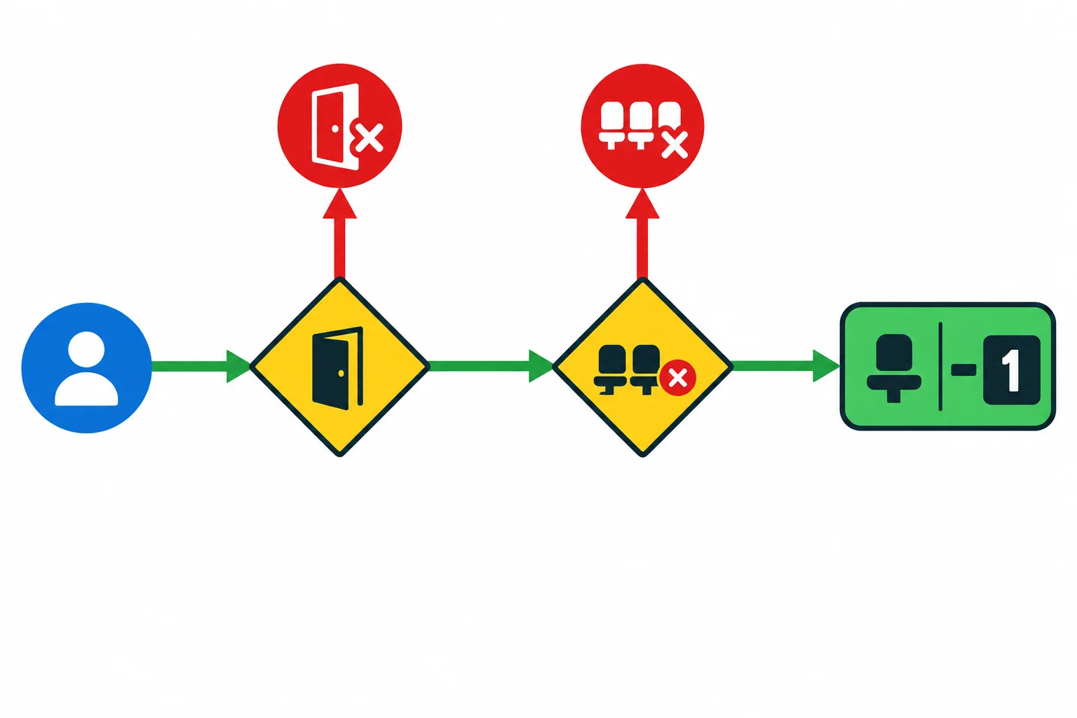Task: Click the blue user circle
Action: (86, 368)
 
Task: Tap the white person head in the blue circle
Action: (86, 348)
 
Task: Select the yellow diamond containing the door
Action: (339, 367)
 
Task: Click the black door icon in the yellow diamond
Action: (337, 368)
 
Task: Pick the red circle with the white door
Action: (339, 126)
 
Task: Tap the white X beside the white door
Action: (370, 138)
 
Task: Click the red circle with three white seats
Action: (642, 126)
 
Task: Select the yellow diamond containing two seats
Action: (642, 367)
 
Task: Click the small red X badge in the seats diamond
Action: (678, 378)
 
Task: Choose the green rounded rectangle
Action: (948, 367)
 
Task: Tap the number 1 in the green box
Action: (1012, 370)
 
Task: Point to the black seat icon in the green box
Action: (894, 368)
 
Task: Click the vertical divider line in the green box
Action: (940, 367)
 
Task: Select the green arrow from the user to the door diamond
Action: (201, 367)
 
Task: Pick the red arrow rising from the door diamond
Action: (339, 233)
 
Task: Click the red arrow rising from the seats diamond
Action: (642, 233)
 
